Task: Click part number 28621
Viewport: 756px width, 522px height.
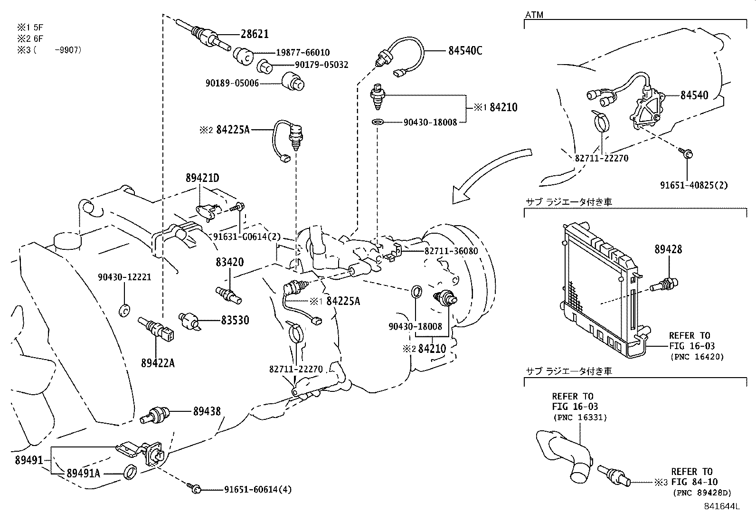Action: [255, 34]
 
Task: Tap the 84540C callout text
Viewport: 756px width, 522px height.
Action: [465, 51]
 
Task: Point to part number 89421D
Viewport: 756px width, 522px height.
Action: [202, 178]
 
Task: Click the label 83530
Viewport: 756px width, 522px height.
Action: [235, 320]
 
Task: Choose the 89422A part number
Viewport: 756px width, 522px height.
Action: [158, 363]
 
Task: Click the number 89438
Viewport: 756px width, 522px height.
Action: [207, 411]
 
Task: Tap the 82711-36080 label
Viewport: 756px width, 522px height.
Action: [451, 251]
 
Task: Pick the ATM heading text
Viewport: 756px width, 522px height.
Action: [534, 15]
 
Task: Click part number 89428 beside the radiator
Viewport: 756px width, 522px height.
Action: [668, 249]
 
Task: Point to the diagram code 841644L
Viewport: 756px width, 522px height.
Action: [722, 506]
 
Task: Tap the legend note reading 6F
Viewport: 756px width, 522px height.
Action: [32, 38]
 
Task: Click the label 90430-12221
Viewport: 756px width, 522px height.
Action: [124, 277]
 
